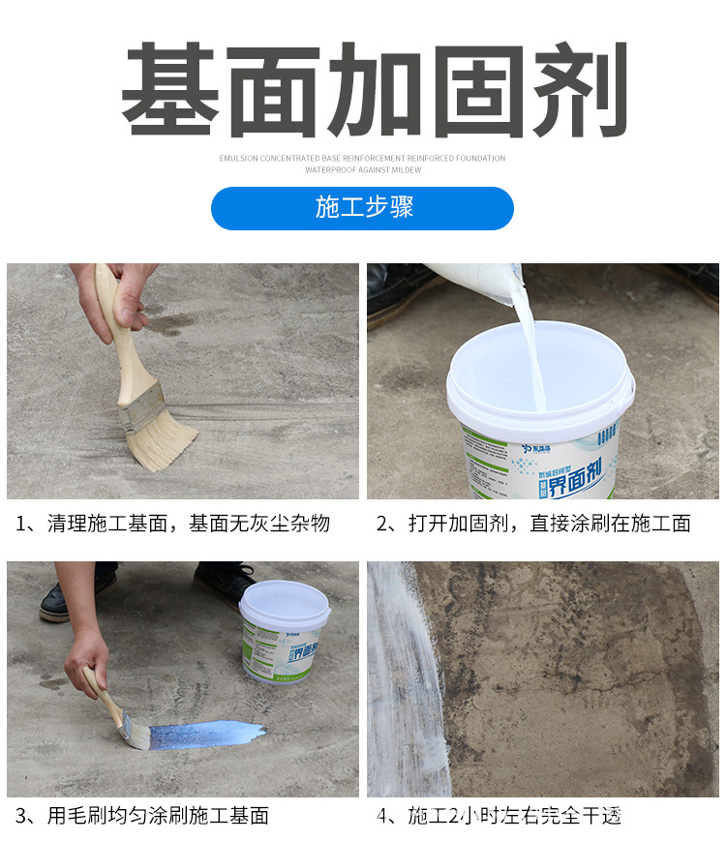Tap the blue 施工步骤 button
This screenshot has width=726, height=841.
363,208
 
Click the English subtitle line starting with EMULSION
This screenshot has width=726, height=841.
362,158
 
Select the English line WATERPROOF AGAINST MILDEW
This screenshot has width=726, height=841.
362,169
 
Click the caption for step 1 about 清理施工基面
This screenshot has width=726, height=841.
173,524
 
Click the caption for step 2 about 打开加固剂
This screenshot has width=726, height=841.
533,524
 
